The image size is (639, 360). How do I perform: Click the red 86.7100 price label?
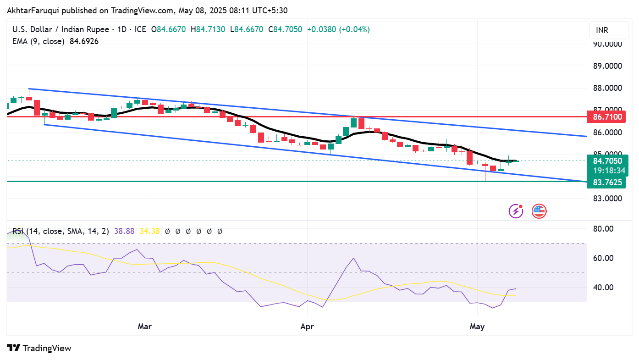(607, 117)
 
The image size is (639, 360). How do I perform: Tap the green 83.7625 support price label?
(607, 182)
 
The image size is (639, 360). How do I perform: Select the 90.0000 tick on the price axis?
(607, 44)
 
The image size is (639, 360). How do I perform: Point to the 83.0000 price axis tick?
(607, 199)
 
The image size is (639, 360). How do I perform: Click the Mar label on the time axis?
(144, 327)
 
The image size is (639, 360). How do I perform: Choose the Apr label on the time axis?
(307, 327)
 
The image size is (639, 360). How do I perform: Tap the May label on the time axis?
(477, 327)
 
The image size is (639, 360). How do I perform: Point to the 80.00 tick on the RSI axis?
(603, 229)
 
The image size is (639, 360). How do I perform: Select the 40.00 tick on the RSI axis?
(603, 288)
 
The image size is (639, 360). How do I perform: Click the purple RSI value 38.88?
(124, 231)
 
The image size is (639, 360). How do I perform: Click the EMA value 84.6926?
(84, 41)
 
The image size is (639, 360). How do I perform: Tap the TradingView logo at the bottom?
(39, 348)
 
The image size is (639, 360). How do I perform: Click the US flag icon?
(539, 211)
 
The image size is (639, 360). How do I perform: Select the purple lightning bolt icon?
(516, 211)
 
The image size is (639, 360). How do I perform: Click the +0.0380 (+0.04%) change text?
(338, 29)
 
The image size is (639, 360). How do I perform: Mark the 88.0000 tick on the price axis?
(607, 88)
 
